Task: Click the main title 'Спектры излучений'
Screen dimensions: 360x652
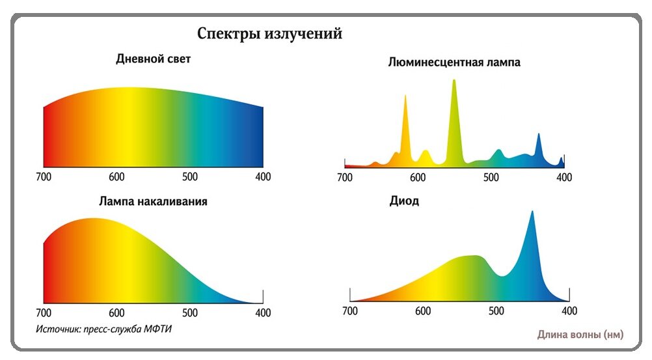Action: pos(269,33)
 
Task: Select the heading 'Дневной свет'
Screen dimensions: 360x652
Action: pos(153,59)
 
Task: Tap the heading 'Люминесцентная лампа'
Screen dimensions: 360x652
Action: pos(454,63)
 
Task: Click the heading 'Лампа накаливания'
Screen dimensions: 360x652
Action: pos(153,201)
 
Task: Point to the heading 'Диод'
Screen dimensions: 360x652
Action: pos(403,201)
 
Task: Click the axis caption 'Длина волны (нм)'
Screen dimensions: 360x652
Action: pos(580,335)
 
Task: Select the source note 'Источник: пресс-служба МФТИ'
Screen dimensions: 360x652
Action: pos(104,329)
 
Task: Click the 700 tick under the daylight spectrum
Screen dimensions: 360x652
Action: pos(44,177)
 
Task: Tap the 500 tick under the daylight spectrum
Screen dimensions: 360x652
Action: pos(190,177)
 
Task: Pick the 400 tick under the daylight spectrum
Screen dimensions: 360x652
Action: pos(263,177)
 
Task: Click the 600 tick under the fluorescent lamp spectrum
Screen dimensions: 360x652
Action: pos(418,178)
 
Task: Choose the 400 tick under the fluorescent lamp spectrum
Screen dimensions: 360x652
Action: pos(564,178)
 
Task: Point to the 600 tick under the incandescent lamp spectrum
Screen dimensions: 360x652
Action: pos(116,313)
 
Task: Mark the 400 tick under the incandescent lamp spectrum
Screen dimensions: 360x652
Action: pos(263,313)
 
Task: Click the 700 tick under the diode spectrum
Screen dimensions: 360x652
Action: pos(350,311)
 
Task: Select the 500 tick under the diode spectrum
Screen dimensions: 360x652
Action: pos(496,311)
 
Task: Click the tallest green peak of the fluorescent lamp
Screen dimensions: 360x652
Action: pos(454,81)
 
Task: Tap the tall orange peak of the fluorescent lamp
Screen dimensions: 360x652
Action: pos(405,97)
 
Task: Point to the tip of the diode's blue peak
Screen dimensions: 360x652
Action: pos(532,212)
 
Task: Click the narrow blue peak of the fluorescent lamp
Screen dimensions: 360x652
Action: pos(538,135)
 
